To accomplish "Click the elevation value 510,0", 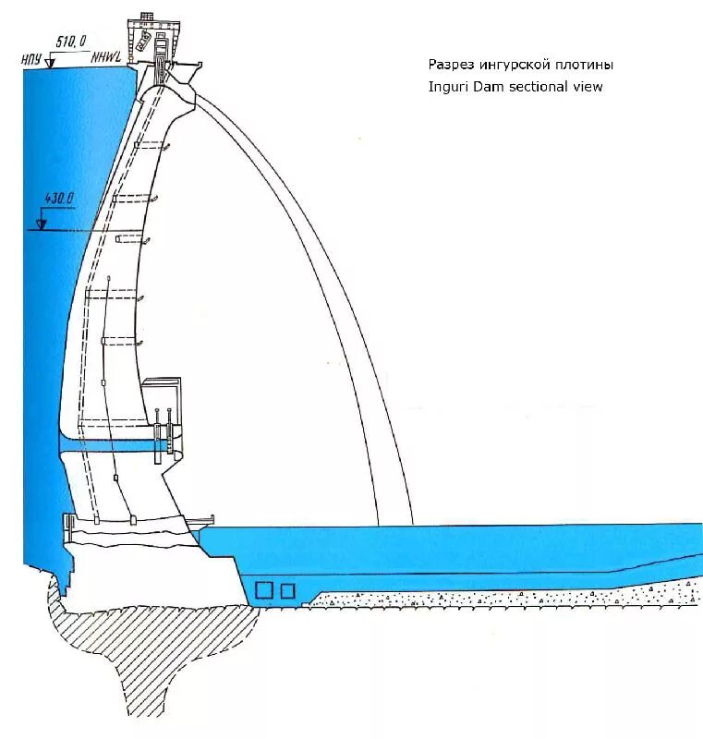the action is (x=71, y=41).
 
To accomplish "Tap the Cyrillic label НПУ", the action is (x=32, y=60).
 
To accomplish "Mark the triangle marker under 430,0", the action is (x=41, y=223).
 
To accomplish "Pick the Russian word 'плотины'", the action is (x=586, y=65).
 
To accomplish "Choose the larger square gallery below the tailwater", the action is (x=265, y=590).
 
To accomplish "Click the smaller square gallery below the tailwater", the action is (x=288, y=590).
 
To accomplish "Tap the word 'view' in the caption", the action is (x=588, y=87).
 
